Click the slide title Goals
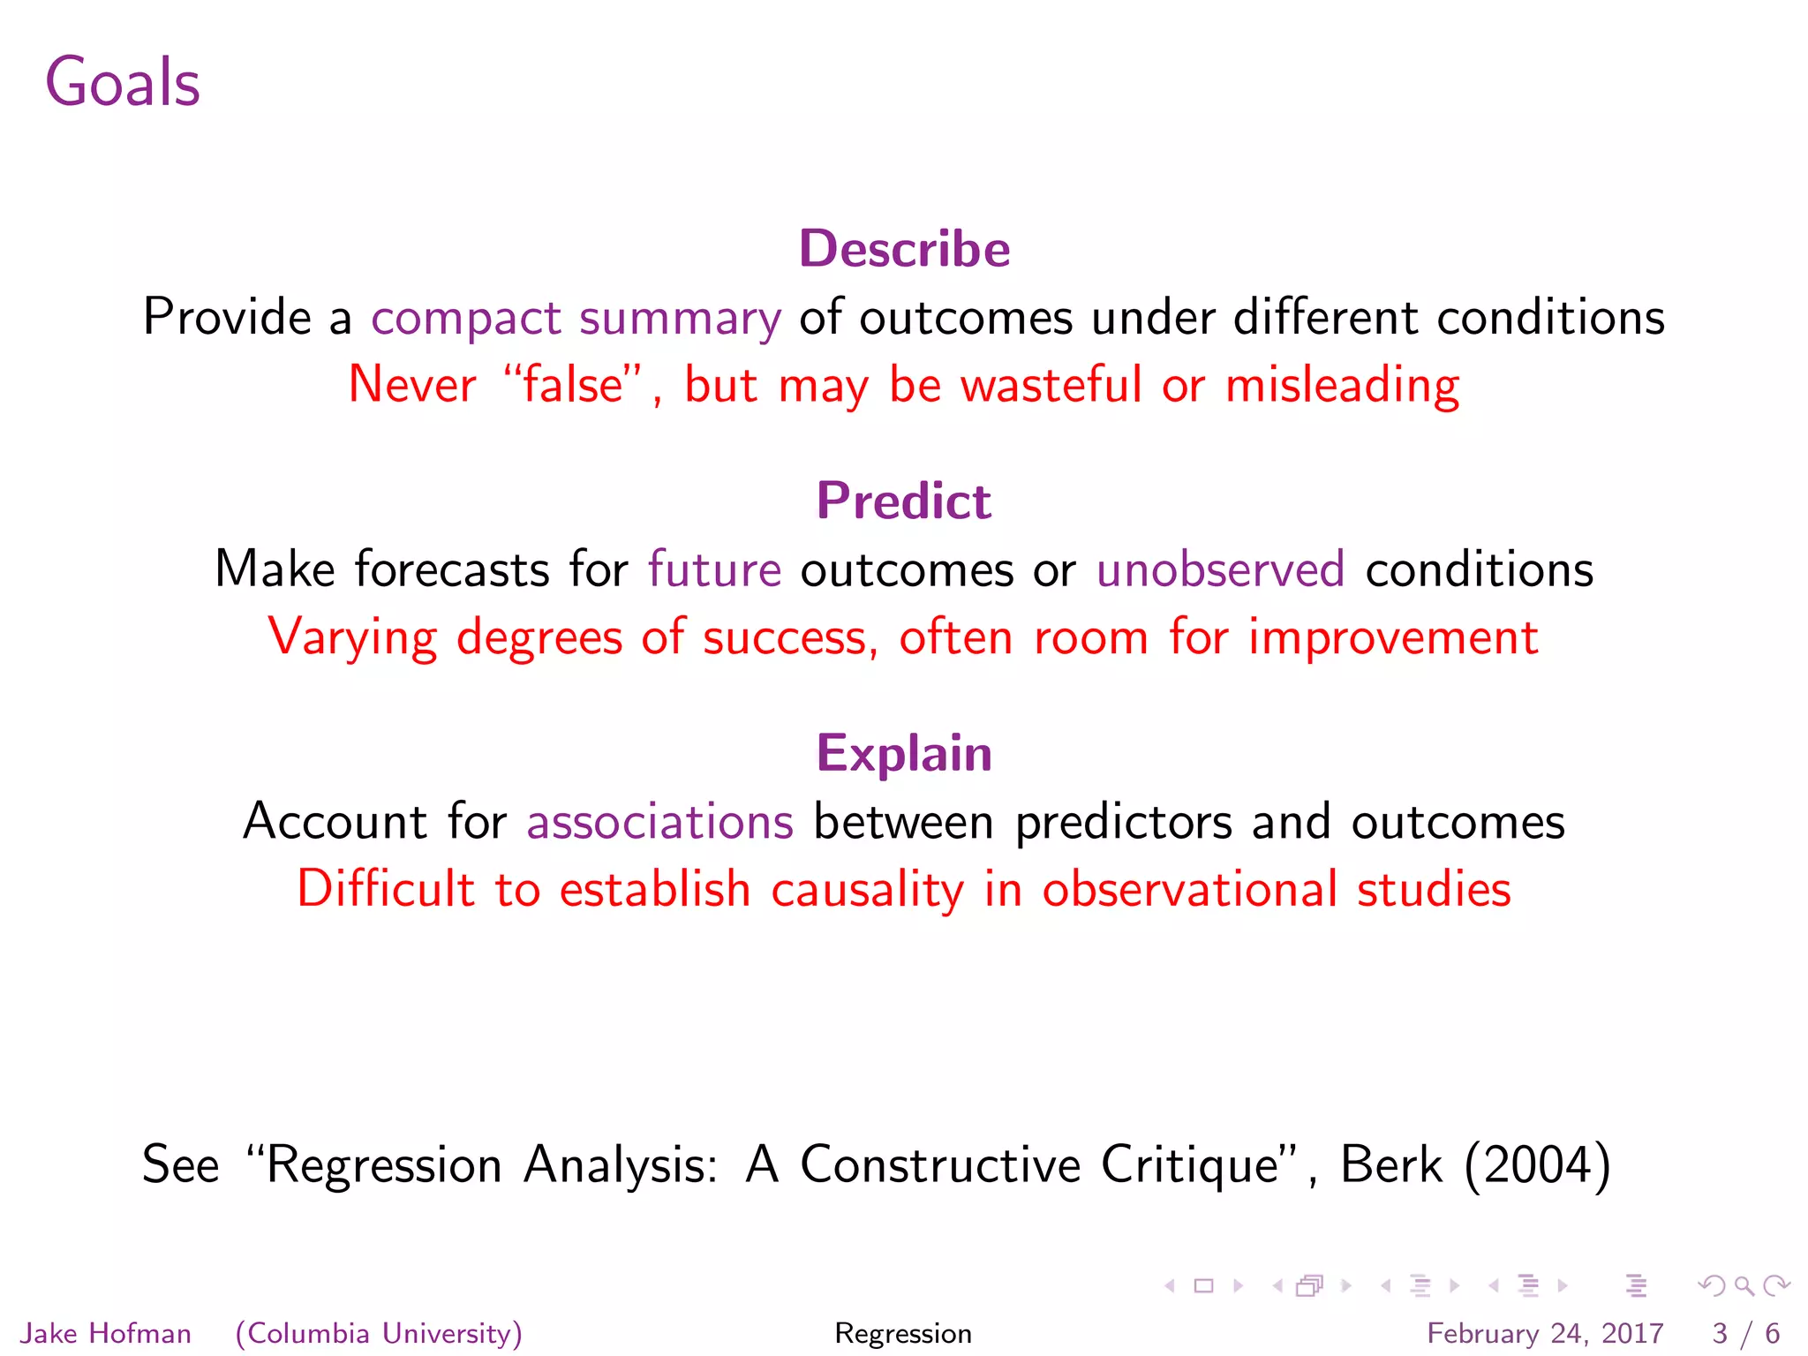point(123,82)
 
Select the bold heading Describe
point(904,249)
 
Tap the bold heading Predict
point(904,501)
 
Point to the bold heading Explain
point(904,753)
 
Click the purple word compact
point(466,318)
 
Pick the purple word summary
point(680,318)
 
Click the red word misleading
point(1342,385)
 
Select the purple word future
point(714,569)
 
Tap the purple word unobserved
point(1220,569)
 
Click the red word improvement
point(1393,637)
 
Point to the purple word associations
point(659,822)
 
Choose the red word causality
point(867,889)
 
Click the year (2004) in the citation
point(1537,1164)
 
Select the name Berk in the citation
point(1390,1164)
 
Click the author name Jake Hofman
point(106,1333)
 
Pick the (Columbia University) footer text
point(379,1333)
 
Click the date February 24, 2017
point(1545,1333)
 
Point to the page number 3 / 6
point(1745,1333)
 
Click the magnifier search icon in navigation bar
point(1744,1286)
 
